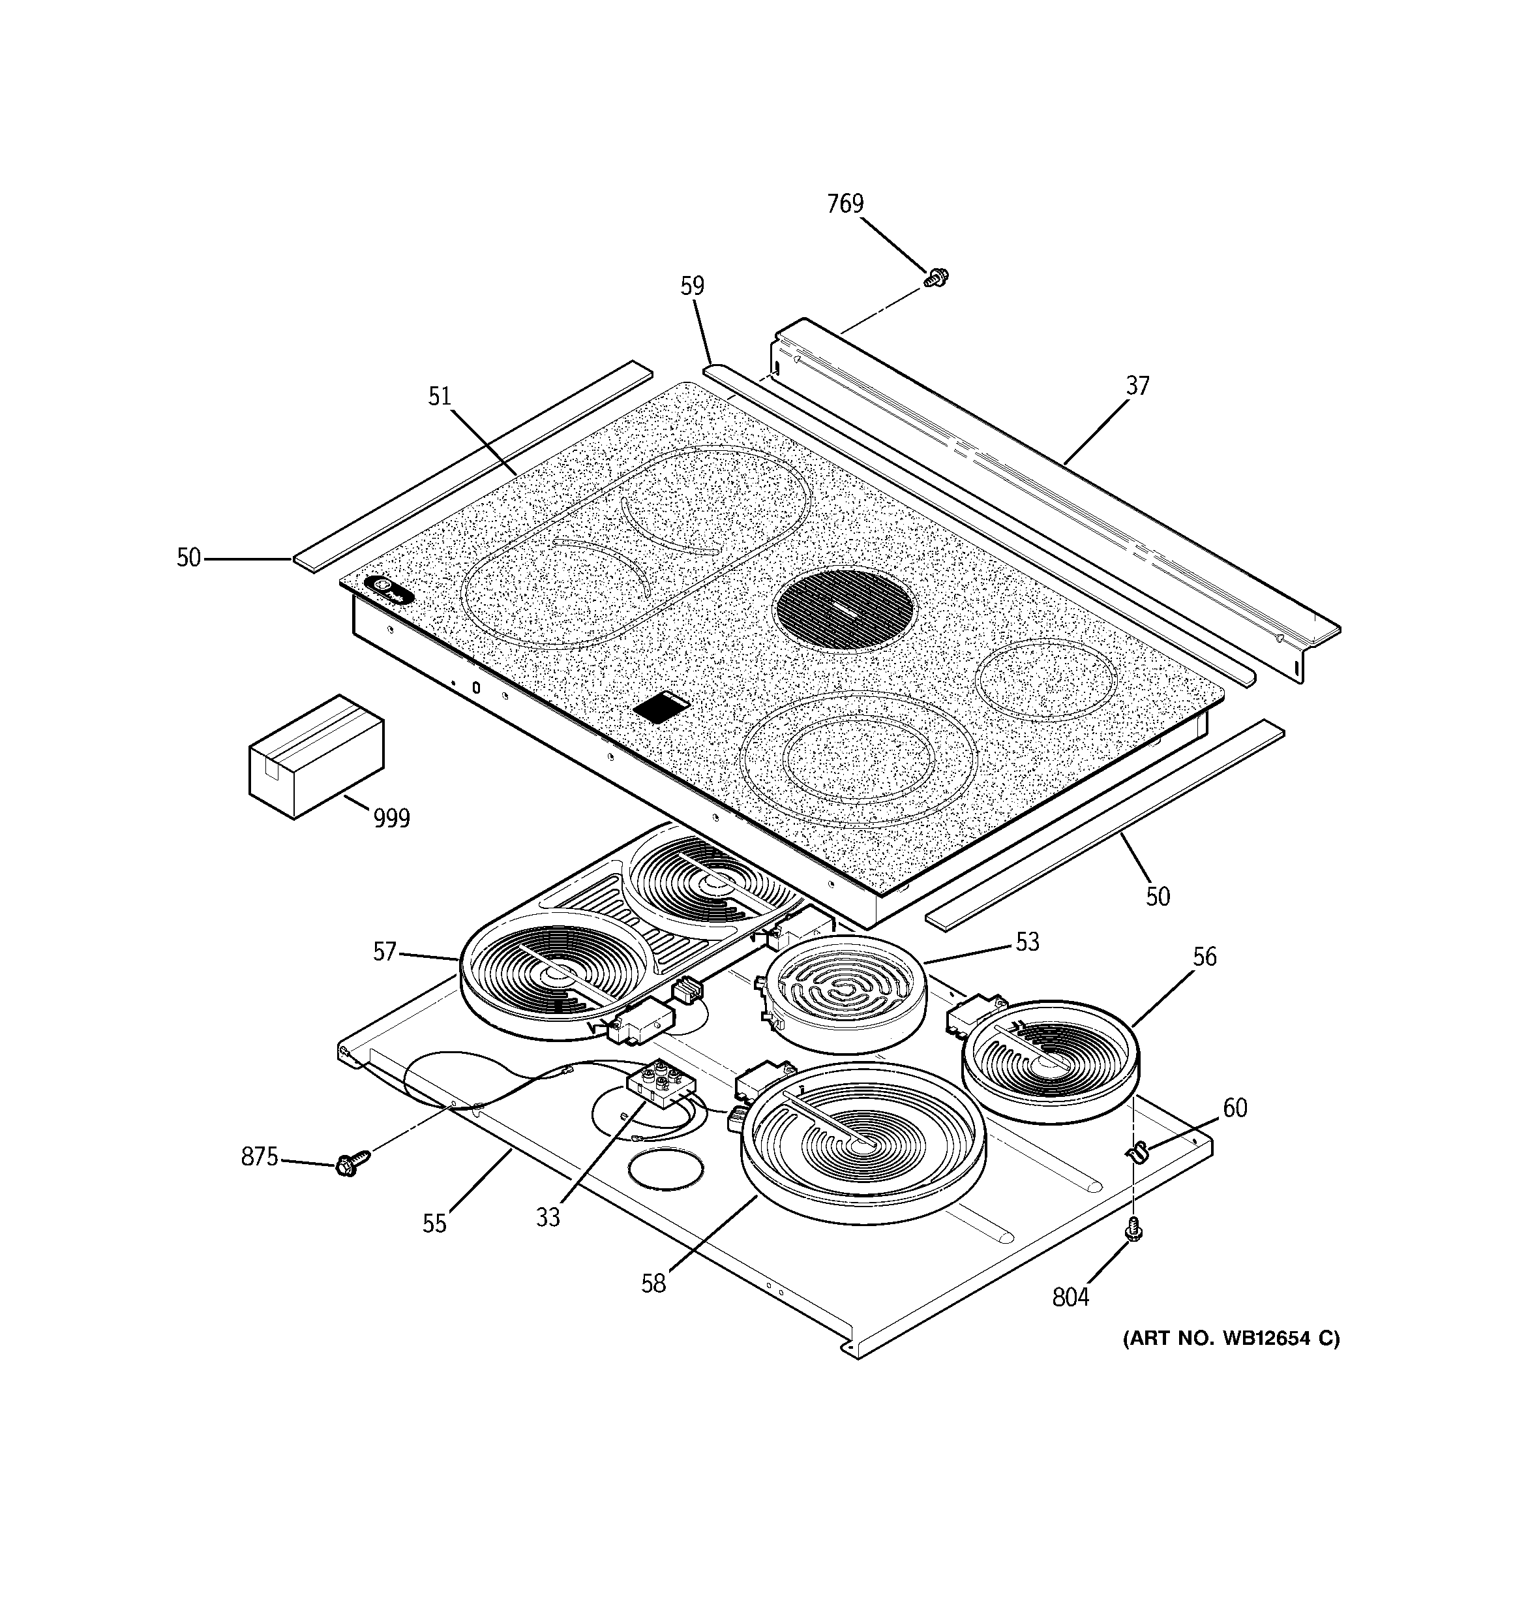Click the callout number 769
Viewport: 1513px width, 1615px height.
(x=845, y=204)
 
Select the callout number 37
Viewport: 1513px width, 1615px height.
(x=1137, y=386)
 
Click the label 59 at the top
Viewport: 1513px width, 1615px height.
(x=692, y=286)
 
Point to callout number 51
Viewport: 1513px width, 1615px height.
(x=440, y=397)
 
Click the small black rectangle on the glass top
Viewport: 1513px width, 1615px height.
(x=661, y=707)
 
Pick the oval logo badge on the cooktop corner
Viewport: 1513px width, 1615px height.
(x=388, y=589)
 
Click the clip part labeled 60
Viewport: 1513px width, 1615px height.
(x=1139, y=1151)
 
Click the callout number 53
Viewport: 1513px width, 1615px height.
(x=1026, y=942)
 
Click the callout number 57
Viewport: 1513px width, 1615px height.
(x=384, y=951)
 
